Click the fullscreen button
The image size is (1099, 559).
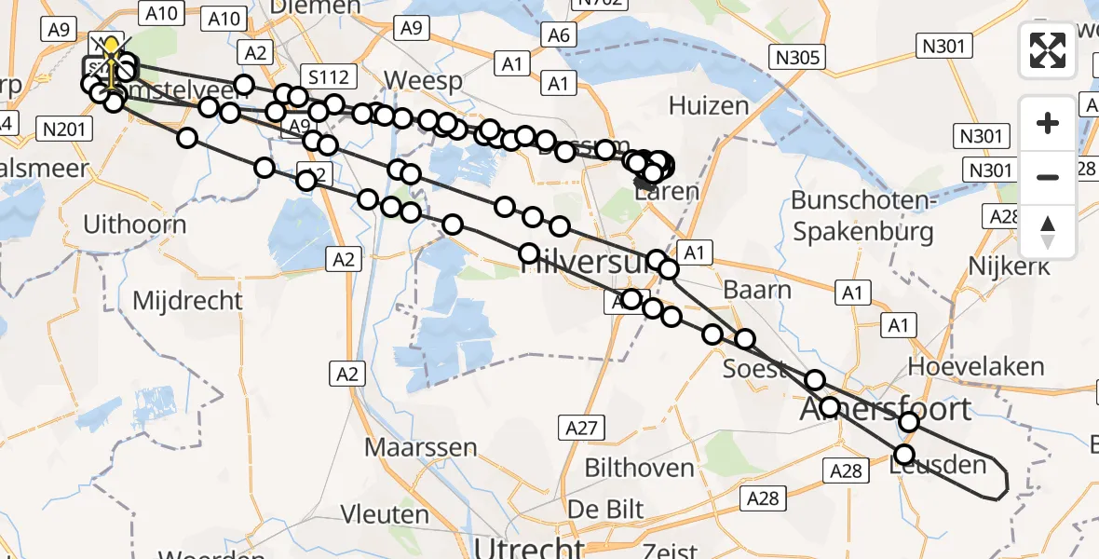coord(1048,50)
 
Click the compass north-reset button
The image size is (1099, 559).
coord(1048,231)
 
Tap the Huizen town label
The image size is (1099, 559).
coord(709,105)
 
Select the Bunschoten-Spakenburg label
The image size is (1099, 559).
coord(862,215)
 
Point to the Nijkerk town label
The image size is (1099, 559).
coord(1009,266)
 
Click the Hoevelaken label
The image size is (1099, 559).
coord(976,366)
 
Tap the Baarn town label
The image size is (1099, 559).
coord(757,290)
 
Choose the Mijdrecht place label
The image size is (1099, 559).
coord(187,301)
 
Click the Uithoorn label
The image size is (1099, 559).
coord(135,225)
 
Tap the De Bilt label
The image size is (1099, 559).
coord(605,510)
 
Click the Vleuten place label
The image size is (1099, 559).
coord(384,514)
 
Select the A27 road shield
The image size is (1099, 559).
coord(583,428)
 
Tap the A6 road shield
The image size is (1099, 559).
coord(559,35)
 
